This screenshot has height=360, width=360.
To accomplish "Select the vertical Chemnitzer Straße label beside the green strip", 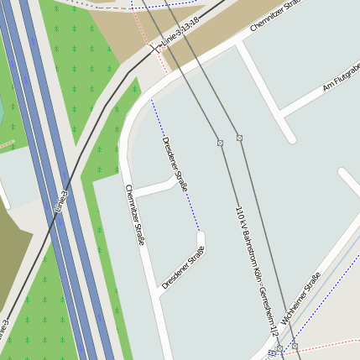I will (x=135, y=214).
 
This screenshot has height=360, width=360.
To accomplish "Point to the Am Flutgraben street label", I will (x=341, y=77).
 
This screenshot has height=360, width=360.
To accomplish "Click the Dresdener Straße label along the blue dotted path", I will (x=175, y=164).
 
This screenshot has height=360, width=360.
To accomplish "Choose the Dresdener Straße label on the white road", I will (x=184, y=268).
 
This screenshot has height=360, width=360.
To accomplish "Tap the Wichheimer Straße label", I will (x=301, y=299).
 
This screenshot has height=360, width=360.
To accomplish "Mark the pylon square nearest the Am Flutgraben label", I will (x=239, y=138).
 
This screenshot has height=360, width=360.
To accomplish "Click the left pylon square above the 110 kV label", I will (x=220, y=143).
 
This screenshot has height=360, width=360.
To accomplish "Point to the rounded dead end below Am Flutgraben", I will (x=290, y=136).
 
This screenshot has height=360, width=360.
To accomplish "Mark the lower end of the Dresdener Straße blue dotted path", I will (x=200, y=229).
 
